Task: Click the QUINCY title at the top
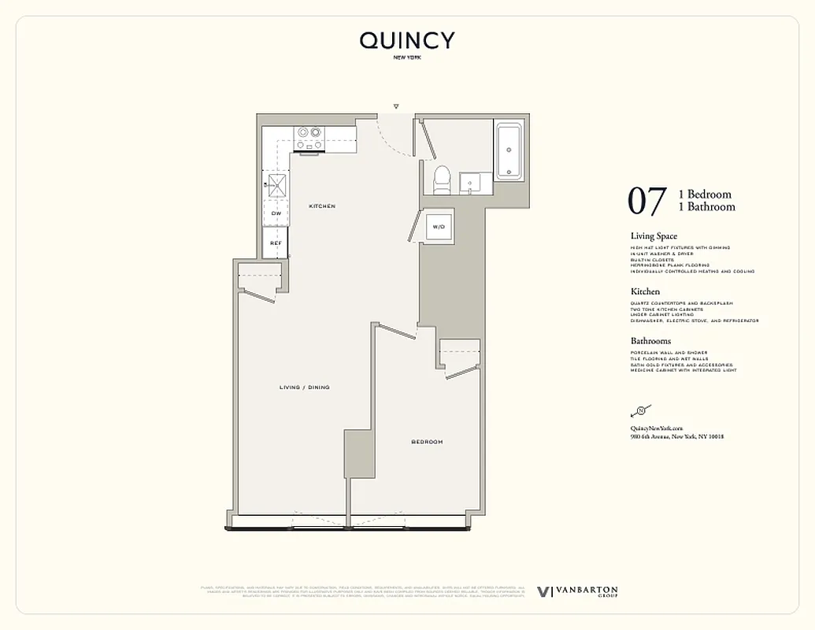[407, 41]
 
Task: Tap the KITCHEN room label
[322, 206]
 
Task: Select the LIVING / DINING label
[304, 387]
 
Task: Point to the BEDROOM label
[427, 442]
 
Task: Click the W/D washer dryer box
[437, 227]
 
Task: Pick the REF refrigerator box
[276, 243]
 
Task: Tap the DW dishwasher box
[276, 213]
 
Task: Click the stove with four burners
[309, 138]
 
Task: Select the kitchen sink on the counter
[276, 187]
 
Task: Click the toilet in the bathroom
[441, 177]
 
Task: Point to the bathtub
[509, 150]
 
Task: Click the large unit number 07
[647, 201]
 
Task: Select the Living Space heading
[654, 236]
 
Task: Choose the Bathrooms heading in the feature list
[650, 341]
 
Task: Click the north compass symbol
[640, 410]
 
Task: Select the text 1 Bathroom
[706, 207]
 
